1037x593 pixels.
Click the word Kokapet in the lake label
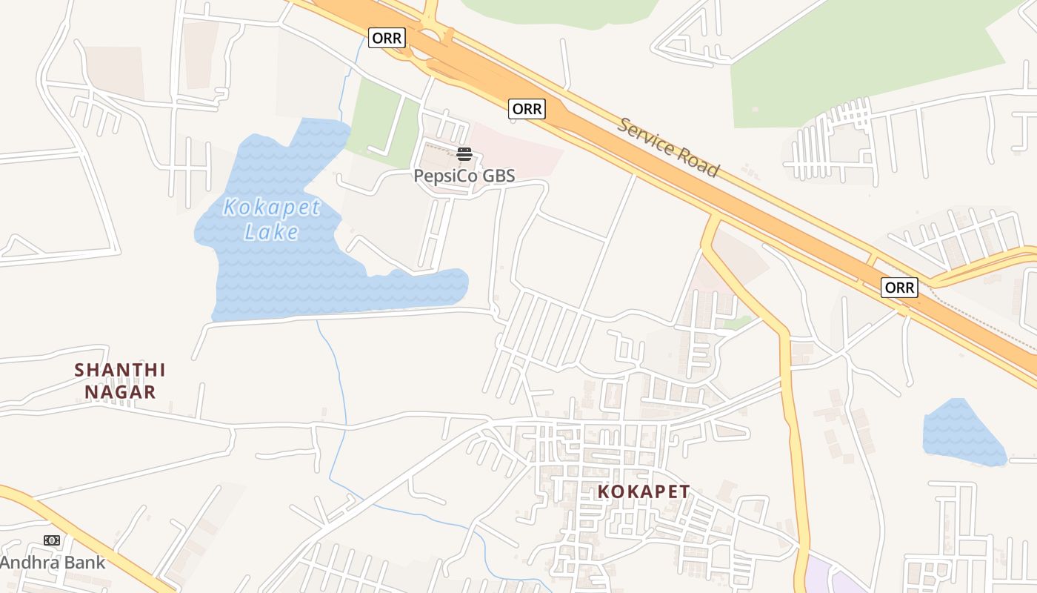[271, 208]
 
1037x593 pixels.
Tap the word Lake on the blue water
[271, 232]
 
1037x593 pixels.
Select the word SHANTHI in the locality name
[120, 369]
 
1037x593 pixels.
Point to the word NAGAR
[120, 391]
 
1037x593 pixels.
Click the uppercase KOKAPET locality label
[644, 491]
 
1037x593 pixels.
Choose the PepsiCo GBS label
[464, 176]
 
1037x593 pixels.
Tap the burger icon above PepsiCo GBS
[464, 154]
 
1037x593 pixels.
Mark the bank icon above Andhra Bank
[52, 540]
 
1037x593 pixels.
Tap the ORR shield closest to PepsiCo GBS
[527, 109]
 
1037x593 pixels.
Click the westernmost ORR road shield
[387, 38]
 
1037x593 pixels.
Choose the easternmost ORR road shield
[899, 287]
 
